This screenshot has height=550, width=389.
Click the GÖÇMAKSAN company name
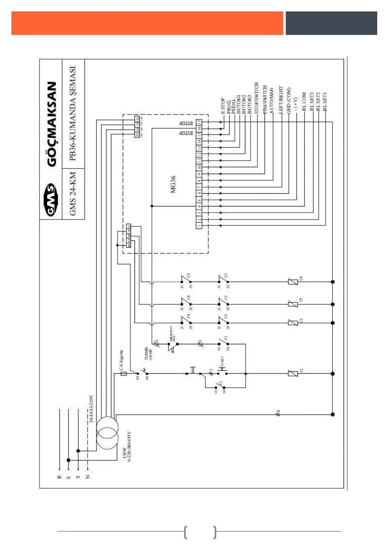pyautogui.click(x=52, y=124)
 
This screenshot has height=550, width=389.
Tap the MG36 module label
pyautogui.click(x=173, y=185)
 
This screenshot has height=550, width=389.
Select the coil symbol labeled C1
pyautogui.click(x=293, y=373)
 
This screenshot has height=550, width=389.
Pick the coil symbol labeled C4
pyautogui.click(x=293, y=282)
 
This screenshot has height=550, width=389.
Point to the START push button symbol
pyautogui.click(x=222, y=371)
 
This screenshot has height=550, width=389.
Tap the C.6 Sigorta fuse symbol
pyautogui.click(x=123, y=373)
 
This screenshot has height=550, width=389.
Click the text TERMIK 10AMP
pyautogui.click(x=148, y=354)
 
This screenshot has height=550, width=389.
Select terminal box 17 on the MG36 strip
pyautogui.click(x=199, y=122)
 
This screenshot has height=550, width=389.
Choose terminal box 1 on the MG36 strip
pyautogui.click(x=199, y=226)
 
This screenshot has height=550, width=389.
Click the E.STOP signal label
pyautogui.click(x=223, y=105)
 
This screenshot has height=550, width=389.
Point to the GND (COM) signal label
pyautogui.click(x=289, y=101)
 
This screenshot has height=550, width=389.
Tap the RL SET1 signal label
pyautogui.click(x=325, y=102)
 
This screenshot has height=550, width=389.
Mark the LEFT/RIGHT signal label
pyautogui.click(x=281, y=100)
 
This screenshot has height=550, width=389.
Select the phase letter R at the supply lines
pyautogui.click(x=59, y=477)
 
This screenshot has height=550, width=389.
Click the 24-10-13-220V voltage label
pyautogui.click(x=91, y=409)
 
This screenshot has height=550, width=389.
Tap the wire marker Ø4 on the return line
pyautogui.click(x=278, y=413)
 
